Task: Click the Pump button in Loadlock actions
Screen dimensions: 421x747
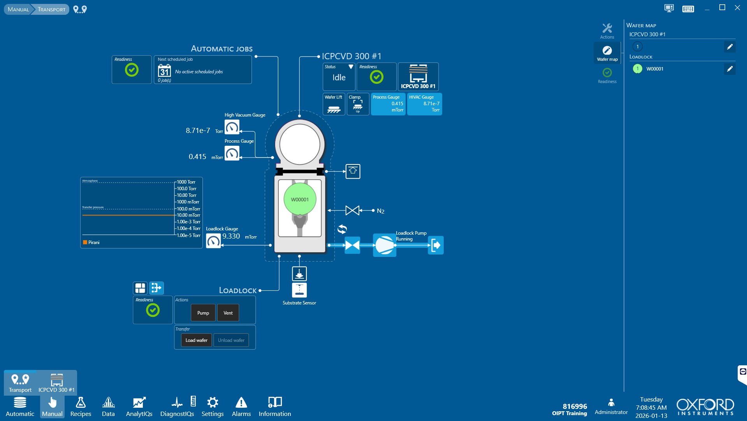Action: click(203, 313)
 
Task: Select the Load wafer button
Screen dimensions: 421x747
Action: click(196, 340)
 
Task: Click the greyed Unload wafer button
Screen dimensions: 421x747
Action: click(231, 340)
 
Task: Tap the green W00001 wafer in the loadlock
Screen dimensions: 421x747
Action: click(300, 199)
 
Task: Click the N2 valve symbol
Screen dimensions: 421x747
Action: click(352, 210)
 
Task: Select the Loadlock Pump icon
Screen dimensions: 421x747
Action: click(384, 245)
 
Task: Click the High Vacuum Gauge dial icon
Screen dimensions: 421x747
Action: click(232, 127)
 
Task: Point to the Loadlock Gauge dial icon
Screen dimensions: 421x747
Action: click(213, 241)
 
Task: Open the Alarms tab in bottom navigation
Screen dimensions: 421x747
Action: click(241, 407)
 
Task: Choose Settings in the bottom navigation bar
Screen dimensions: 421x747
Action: click(213, 407)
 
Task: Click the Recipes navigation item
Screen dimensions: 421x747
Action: click(81, 407)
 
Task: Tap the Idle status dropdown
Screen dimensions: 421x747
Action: click(339, 76)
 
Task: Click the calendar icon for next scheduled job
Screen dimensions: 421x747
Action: click(164, 71)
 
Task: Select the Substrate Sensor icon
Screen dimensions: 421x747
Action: click(299, 290)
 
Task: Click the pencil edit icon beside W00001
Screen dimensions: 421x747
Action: click(730, 69)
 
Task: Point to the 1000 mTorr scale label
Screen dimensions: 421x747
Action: click(188, 202)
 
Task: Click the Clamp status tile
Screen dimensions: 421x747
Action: click(358, 104)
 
